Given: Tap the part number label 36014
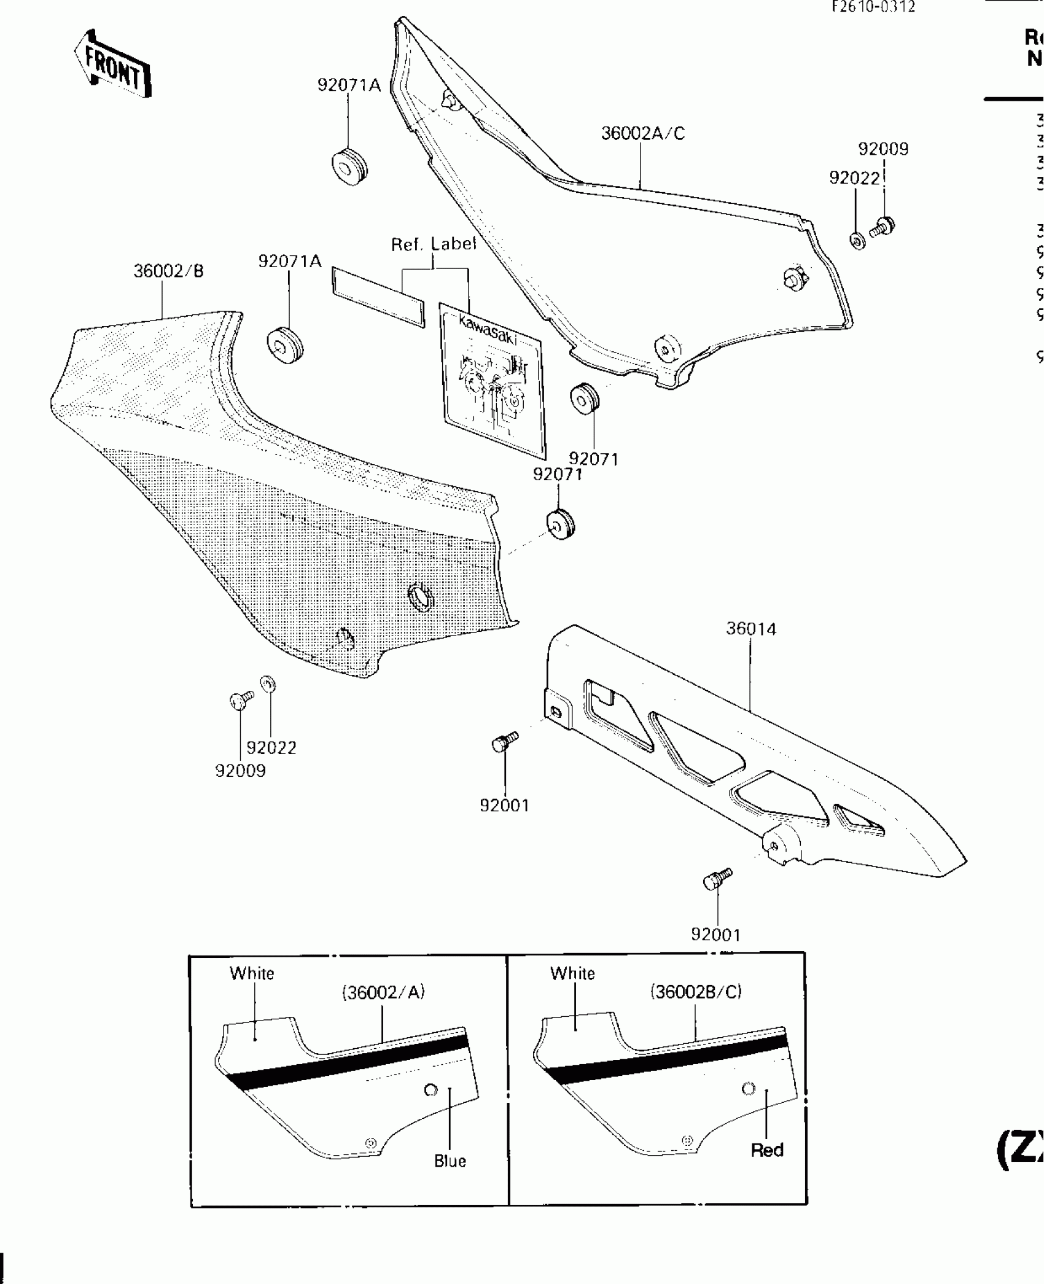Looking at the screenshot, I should (751, 629).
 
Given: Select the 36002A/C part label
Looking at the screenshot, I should (642, 133).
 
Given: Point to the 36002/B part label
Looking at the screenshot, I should (168, 271).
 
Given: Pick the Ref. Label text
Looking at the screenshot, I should (434, 244).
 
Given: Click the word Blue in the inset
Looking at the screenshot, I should (450, 1161).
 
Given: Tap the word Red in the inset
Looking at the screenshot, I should (766, 1150).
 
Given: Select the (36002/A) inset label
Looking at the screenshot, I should (383, 992).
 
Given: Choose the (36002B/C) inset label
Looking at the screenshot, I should (696, 992).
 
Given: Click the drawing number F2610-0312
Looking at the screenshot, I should (873, 7).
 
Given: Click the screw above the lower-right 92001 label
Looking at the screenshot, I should (717, 879).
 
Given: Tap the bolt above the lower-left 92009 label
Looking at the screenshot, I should (241, 699).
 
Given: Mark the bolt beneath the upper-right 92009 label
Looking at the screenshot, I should (882, 227).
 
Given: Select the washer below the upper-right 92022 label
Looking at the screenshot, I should (857, 240).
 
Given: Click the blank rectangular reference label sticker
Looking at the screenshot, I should (378, 297).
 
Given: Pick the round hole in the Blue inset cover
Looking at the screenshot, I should (431, 1090).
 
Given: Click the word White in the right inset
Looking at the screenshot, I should (572, 973).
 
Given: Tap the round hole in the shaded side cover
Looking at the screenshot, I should (421, 595).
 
